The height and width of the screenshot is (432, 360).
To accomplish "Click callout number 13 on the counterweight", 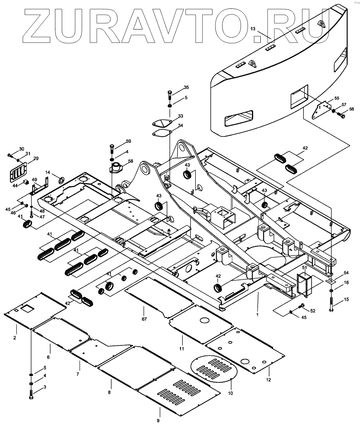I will click(252, 29).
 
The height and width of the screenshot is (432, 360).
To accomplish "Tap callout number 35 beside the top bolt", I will click(186, 87).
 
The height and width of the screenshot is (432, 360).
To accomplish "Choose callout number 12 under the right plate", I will click(268, 380).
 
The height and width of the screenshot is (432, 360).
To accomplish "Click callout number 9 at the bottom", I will click(158, 420).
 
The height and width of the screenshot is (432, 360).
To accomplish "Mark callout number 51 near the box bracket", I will click(304, 268).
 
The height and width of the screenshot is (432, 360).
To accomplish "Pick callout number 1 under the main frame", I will click(258, 314).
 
